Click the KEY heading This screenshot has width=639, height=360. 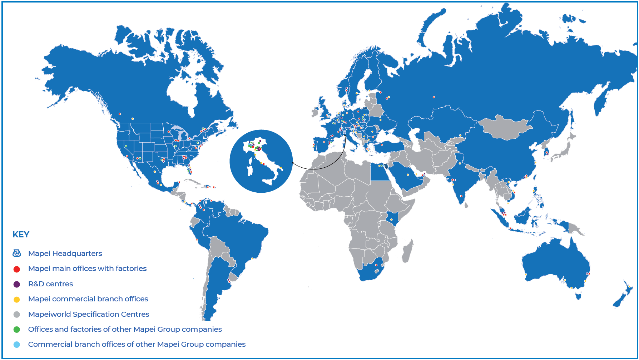click(21, 235)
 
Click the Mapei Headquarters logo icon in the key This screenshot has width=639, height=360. click(16, 253)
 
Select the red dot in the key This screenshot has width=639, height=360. click(16, 269)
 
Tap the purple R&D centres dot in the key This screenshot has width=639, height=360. click(16, 284)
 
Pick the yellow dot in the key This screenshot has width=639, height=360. click(16, 299)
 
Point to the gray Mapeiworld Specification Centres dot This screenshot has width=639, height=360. click(16, 315)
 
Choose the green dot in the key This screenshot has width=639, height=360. click(16, 330)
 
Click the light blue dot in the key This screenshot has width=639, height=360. click(16, 345)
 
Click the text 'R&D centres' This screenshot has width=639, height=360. click(50, 284)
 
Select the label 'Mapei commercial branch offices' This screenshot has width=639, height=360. click(88, 299)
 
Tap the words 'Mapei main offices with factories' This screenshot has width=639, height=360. click(87, 268)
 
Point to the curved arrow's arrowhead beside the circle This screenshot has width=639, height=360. click(293, 163)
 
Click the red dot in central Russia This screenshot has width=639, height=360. click(434, 97)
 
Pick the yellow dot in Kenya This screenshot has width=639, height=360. click(392, 219)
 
